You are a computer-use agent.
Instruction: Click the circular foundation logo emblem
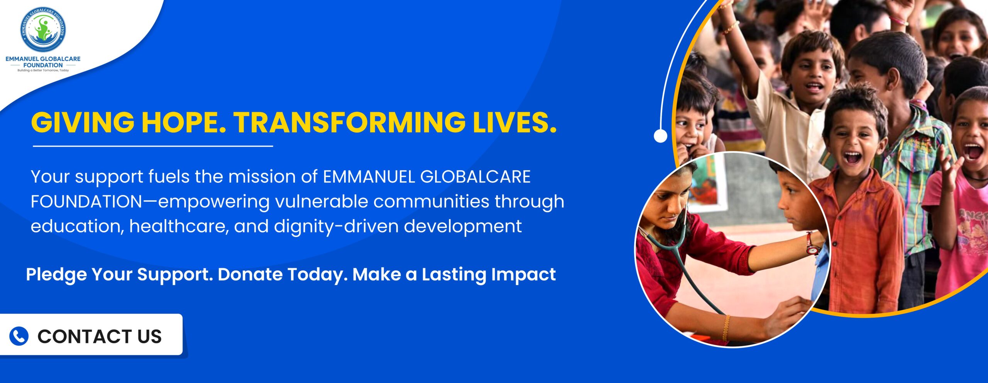[x=43, y=30]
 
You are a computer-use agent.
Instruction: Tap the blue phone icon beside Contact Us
[x=19, y=336]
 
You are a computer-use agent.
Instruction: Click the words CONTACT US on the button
[x=100, y=336]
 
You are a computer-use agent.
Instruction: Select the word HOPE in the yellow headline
[x=184, y=122]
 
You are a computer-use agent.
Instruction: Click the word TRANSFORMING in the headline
[x=350, y=122]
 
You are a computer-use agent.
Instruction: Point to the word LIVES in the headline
[x=515, y=122]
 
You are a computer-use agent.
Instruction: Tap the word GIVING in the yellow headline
[x=83, y=122]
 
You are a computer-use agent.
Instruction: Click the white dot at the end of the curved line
[x=660, y=136]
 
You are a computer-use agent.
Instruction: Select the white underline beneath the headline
[x=153, y=146]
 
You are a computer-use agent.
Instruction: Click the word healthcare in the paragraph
[x=179, y=226]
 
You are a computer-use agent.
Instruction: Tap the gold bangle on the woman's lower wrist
[x=726, y=327]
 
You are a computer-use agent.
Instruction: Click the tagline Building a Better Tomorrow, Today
[x=43, y=71]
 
